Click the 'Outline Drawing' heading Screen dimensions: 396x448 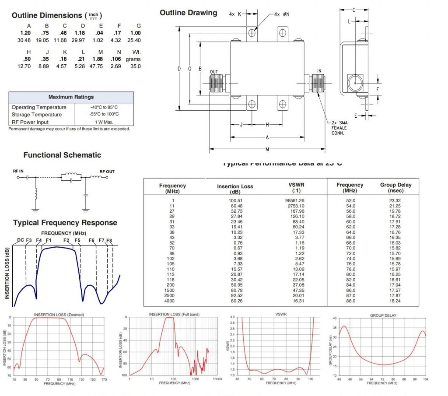coord(188,13)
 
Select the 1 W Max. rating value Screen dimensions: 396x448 coord(104,122)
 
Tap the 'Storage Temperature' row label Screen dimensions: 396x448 coord(37,115)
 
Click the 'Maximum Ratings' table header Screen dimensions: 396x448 coord(71,97)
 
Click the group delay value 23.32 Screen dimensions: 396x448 coord(395,200)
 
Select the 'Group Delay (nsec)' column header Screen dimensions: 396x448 coord(395,188)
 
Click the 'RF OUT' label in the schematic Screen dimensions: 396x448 coord(107,172)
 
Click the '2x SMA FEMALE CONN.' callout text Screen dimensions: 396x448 coord(339,128)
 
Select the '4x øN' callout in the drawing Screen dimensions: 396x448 coord(282,14)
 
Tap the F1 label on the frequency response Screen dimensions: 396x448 coord(48,240)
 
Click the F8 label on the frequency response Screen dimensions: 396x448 coord(109,240)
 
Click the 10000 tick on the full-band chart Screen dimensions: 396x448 coord(217,379)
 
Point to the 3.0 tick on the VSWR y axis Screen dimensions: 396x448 coord(232,317)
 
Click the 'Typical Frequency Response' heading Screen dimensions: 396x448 coord(65,223)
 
